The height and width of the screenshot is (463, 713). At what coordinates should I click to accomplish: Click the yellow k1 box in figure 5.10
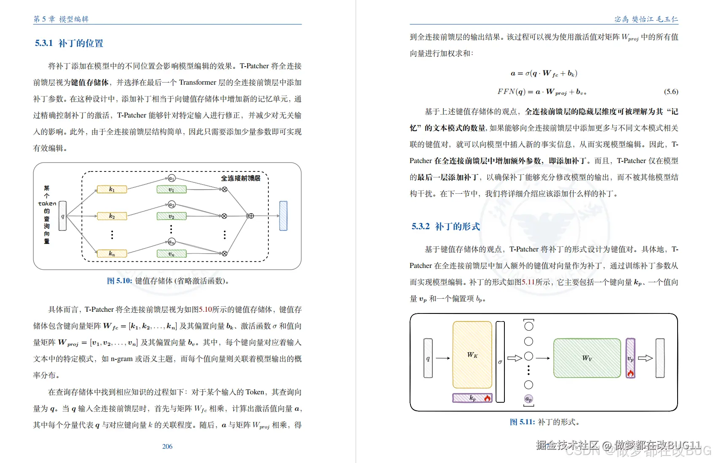[x=112, y=189]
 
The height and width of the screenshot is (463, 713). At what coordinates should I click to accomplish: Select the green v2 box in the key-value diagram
[x=171, y=216]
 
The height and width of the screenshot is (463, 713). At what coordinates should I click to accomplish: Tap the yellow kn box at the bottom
[x=112, y=254]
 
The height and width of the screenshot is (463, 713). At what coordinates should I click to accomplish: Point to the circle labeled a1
[x=172, y=178]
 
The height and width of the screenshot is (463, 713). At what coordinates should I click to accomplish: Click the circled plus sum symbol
[x=251, y=216]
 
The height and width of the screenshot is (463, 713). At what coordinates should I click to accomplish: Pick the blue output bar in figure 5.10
[x=283, y=216]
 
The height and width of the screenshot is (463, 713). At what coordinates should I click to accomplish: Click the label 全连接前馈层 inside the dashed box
[x=240, y=178]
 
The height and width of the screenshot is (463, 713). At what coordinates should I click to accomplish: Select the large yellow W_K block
[x=472, y=355]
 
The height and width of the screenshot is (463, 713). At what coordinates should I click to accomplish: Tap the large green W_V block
[x=587, y=358]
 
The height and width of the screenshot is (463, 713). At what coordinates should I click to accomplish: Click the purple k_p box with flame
[x=472, y=398]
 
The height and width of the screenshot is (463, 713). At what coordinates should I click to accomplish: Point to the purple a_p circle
[x=528, y=399]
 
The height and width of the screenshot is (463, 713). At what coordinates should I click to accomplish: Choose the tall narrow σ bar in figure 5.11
[x=500, y=361]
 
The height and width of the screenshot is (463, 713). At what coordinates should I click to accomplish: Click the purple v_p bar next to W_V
[x=630, y=358]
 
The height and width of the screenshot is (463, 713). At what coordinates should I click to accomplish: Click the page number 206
[x=167, y=446]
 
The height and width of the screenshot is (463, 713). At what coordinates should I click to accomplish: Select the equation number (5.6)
[x=671, y=91]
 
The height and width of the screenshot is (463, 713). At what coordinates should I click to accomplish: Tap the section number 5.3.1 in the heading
[x=44, y=43]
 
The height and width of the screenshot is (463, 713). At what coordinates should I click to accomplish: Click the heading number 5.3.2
[x=421, y=226]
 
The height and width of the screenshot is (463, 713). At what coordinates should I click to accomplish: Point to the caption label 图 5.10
[x=119, y=281]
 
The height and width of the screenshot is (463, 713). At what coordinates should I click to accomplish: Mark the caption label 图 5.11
[x=522, y=422]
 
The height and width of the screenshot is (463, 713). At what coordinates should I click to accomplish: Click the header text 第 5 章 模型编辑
[x=61, y=19]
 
